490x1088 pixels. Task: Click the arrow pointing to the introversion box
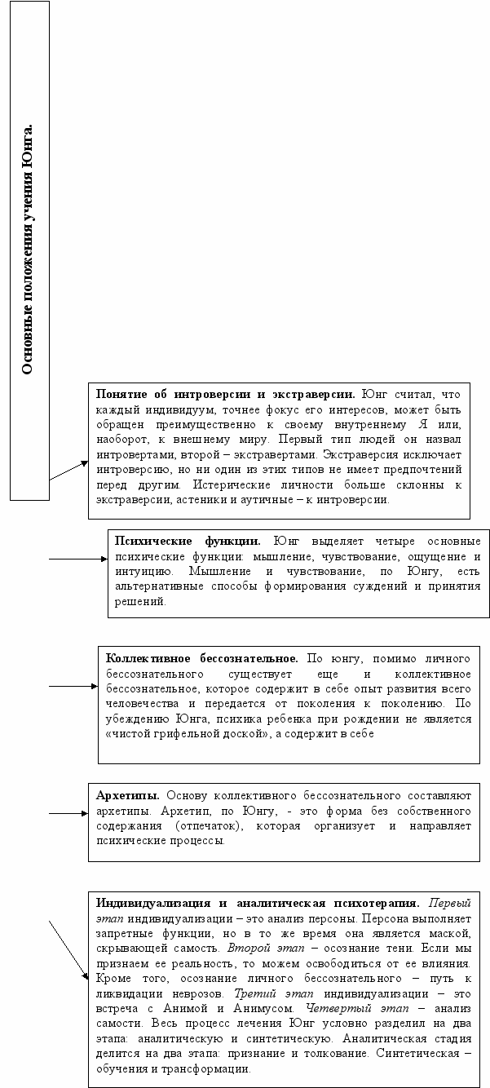coord(68,470)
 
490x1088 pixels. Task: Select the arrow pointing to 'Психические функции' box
coord(78,559)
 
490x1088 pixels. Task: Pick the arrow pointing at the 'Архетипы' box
coord(68,813)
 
